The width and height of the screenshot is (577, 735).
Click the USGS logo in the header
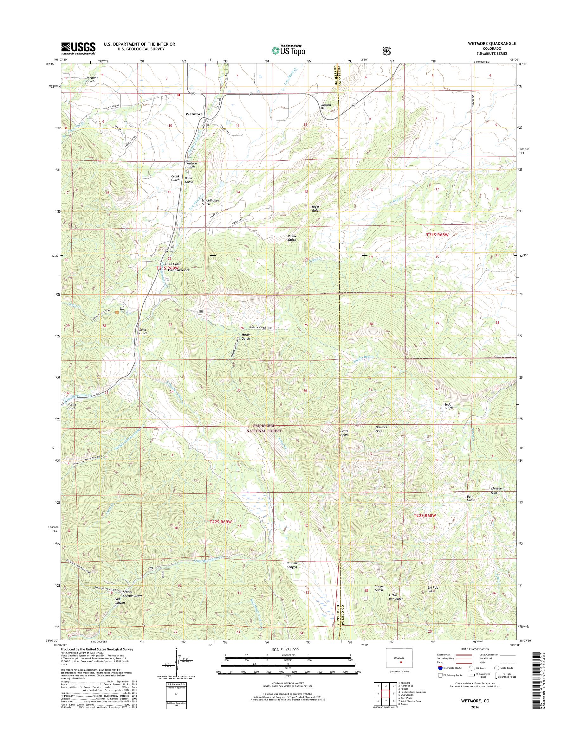coord(78,48)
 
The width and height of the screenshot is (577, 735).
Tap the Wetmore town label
coord(194,114)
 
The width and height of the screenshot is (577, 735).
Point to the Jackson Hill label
coord(326,106)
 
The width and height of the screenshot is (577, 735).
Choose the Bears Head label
coord(344,433)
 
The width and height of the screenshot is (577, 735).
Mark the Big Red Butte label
coord(433,589)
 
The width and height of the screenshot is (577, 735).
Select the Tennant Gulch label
coord(92,80)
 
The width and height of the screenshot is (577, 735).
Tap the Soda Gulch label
coord(448,406)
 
